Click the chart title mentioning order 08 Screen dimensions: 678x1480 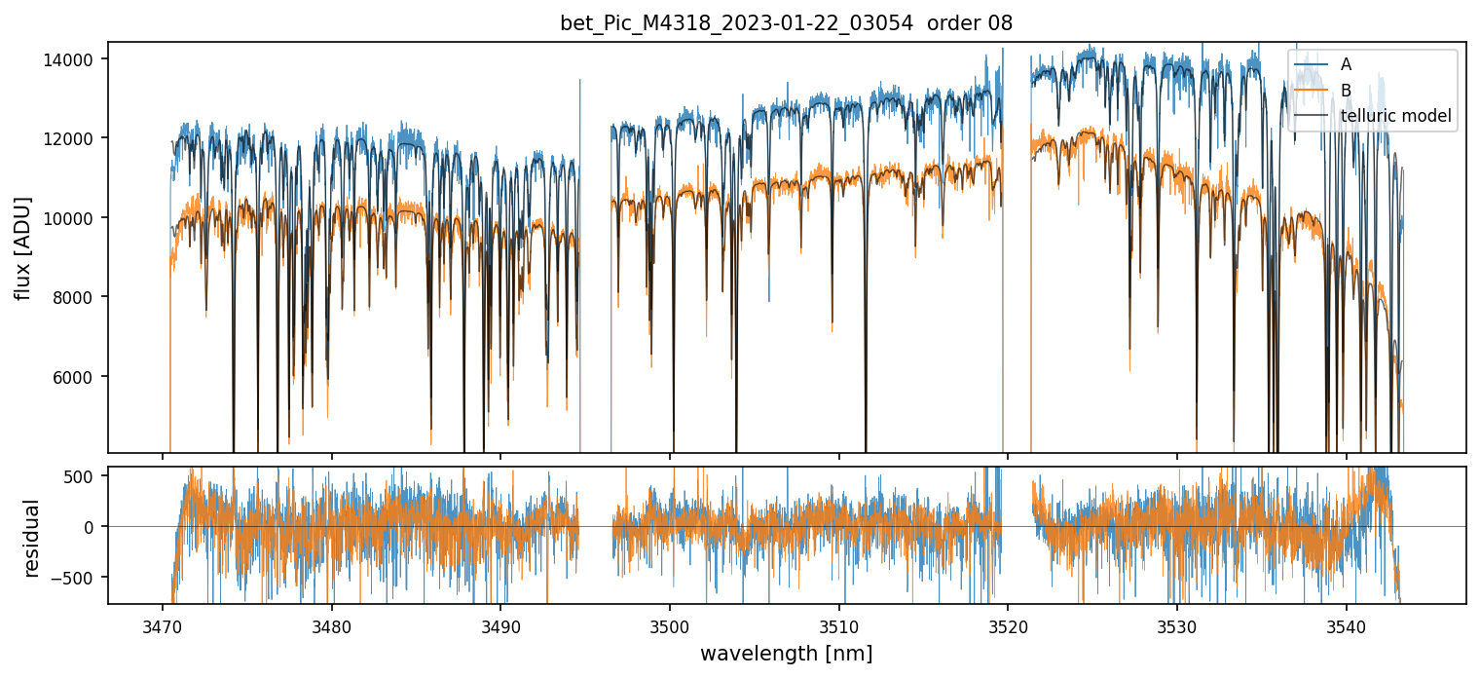point(786,23)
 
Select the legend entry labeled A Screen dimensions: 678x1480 point(1346,64)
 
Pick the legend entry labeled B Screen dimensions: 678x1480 point(1346,91)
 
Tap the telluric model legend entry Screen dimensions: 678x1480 point(1395,117)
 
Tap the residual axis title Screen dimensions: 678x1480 point(31,538)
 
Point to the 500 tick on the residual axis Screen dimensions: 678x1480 point(83,476)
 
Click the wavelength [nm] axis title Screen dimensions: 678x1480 point(786,654)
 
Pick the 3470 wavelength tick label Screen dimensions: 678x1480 point(162,624)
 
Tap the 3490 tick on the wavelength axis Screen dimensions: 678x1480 point(500,624)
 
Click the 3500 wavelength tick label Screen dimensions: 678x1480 point(670,624)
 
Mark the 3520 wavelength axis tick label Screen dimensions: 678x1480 point(1008,624)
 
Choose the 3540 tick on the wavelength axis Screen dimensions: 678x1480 point(1347,624)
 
